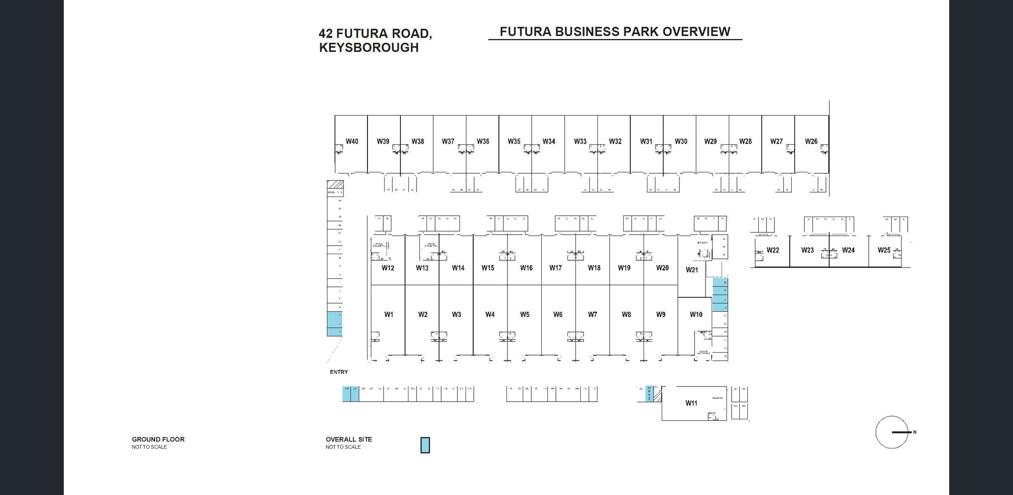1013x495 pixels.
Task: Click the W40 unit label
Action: click(x=352, y=141)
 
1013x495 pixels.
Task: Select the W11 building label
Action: click(x=691, y=403)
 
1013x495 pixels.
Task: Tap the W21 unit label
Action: click(x=692, y=270)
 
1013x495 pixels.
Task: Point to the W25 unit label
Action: click(x=884, y=250)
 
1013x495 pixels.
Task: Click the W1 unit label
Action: click(x=389, y=314)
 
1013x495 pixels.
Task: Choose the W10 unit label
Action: click(x=696, y=315)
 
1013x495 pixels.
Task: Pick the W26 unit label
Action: click(x=811, y=141)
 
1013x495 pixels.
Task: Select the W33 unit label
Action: click(x=580, y=141)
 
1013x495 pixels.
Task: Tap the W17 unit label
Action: click(x=556, y=268)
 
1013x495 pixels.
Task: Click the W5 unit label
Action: click(x=525, y=315)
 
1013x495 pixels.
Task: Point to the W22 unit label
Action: click(x=773, y=250)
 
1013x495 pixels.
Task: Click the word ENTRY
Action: click(x=339, y=372)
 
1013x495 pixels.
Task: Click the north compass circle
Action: click(x=891, y=432)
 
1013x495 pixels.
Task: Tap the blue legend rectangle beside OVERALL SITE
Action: click(x=425, y=445)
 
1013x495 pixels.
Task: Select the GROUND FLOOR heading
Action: click(x=158, y=439)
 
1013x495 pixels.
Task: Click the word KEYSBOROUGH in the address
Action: click(x=369, y=48)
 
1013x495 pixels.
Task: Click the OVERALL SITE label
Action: click(x=349, y=439)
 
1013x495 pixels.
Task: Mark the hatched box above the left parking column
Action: click(x=335, y=184)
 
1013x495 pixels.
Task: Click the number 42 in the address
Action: click(x=326, y=34)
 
